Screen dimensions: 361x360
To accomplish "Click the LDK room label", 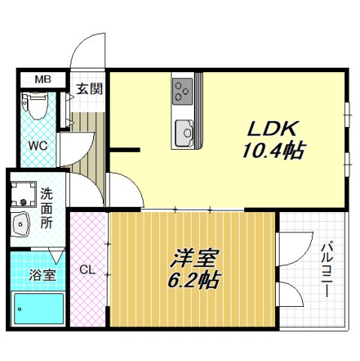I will pos(272,129).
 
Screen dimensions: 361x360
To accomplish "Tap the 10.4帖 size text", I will pos(272,151).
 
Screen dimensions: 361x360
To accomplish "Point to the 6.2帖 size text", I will pos(192,281).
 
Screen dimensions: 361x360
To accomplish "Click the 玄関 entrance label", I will pos(89,89).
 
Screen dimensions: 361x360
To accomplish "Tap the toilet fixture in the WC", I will pos(34,105).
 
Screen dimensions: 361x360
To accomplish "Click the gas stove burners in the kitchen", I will pos(183,91).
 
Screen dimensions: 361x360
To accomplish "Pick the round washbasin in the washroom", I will pos(22,223).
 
